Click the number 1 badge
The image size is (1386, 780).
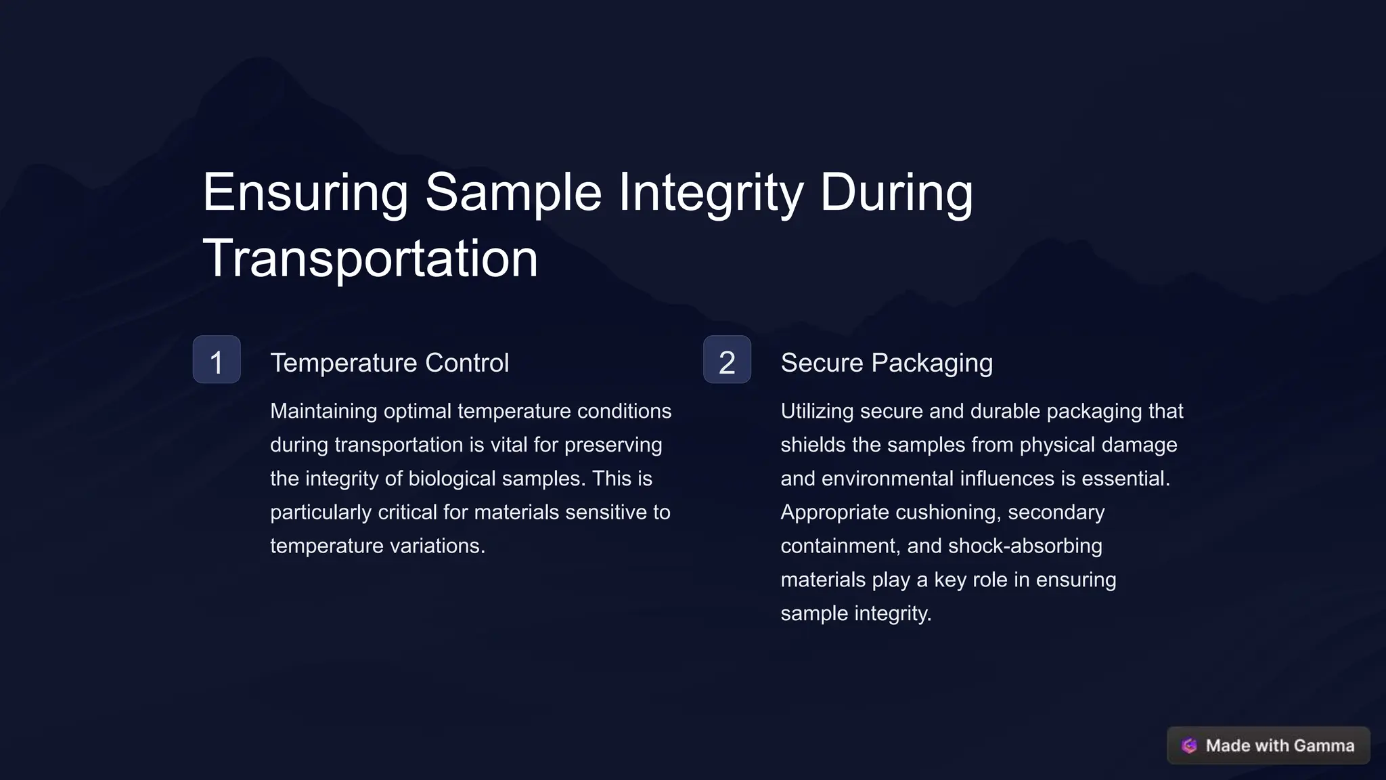[x=217, y=360]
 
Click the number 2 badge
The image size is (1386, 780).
[x=727, y=360]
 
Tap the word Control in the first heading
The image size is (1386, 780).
[x=467, y=363]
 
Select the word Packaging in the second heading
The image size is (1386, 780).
[x=932, y=364]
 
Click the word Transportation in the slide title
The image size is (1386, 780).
[x=370, y=258]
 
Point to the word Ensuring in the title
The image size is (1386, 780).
[x=305, y=192]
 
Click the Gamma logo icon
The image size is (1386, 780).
[x=1189, y=745]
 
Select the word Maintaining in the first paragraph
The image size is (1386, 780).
[x=323, y=411]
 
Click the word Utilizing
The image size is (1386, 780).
[x=817, y=411]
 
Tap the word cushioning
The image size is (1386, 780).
[x=947, y=513]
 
